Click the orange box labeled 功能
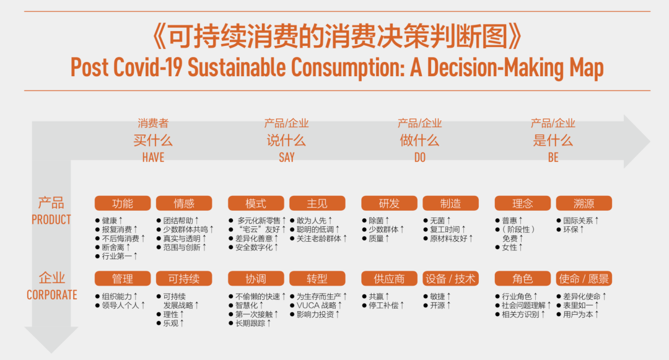coord(123,203)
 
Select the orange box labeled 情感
coord(184,203)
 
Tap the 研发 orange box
coord(389,203)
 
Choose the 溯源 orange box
coord(584,203)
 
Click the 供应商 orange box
coord(389,279)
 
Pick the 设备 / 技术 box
coord(450,279)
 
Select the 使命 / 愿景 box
coord(584,279)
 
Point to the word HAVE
coord(153,157)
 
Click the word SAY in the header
coord(287,157)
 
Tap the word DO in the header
coord(420,157)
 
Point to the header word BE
coord(553,157)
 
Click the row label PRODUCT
coord(51,220)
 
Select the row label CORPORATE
coord(52,295)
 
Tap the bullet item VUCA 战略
coord(319,305)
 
